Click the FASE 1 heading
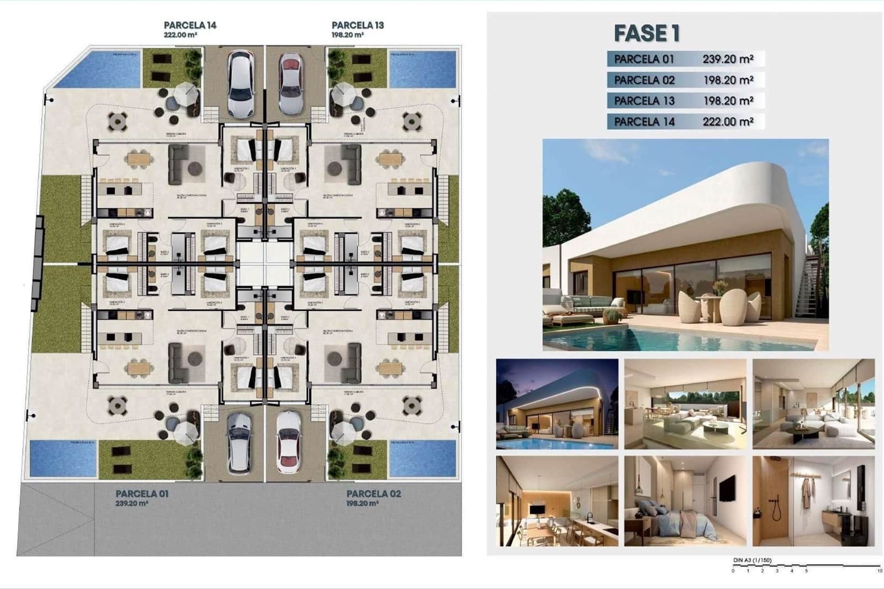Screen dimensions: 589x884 tap(646, 34)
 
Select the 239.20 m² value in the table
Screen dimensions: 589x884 tap(728, 59)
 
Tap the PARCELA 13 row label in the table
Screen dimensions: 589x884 tap(644, 101)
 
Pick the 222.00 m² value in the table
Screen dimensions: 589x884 tap(728, 122)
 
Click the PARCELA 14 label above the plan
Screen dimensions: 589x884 tap(190, 25)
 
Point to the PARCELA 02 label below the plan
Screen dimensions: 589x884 tap(373, 493)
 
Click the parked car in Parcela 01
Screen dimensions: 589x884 tap(239, 442)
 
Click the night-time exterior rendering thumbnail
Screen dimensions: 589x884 tap(557, 403)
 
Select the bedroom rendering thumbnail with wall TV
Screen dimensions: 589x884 tap(685, 501)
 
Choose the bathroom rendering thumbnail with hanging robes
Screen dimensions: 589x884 tap(813, 501)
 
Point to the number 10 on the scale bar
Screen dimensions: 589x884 tap(878, 571)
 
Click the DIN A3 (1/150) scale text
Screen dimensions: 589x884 tap(752, 560)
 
